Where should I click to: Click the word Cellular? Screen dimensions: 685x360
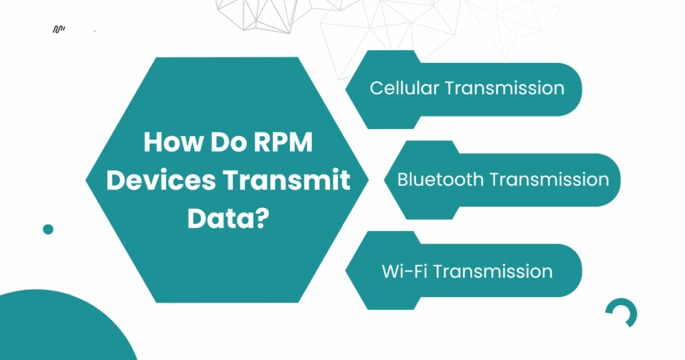tap(404, 88)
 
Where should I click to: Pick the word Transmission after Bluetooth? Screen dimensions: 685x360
tap(549, 179)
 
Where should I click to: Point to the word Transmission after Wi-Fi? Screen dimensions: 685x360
tap(493, 271)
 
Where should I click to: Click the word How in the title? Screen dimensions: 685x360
tap(174, 142)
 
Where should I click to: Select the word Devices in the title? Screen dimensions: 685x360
tap(161, 180)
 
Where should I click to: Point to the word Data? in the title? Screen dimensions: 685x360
tap(228, 218)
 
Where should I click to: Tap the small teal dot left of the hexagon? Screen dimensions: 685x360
tap(48, 229)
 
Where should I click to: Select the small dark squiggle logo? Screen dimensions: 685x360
tap(59, 29)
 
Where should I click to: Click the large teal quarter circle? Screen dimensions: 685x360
tap(57, 328)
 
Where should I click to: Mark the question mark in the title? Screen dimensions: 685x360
tap(262, 218)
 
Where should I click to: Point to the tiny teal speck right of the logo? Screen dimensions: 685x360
tap(95, 31)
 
